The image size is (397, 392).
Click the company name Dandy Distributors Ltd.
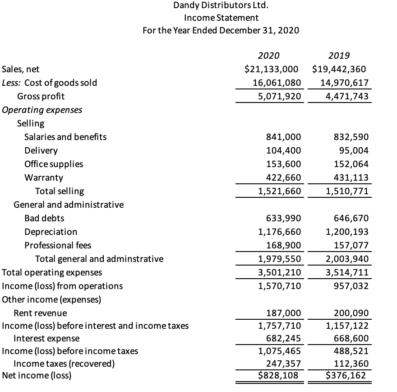(221, 6)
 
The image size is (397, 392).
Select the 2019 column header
(339, 56)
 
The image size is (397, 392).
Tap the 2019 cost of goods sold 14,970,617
(344, 83)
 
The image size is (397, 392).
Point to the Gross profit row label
(41, 96)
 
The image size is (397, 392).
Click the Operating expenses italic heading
(42, 110)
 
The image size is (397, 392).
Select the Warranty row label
(44, 177)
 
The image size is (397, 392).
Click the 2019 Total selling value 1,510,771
(347, 191)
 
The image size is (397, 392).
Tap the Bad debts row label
(44, 218)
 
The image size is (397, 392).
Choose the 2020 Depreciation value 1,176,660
(279, 232)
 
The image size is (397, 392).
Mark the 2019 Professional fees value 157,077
(350, 245)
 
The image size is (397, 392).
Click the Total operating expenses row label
(52, 272)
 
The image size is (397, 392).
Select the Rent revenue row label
(40, 313)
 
